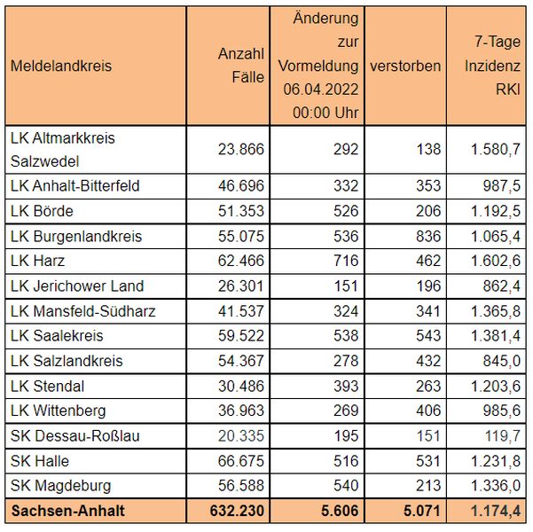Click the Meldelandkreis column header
coord(61,66)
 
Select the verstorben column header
coord(405,66)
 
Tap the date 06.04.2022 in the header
coord(321,89)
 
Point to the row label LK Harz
coord(37,261)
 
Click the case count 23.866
coord(241,149)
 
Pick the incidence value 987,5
coord(502,185)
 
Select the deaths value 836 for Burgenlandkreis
coord(428,236)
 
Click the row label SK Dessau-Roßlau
coord(75,436)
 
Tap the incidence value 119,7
coord(503,436)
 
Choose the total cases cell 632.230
coord(237,511)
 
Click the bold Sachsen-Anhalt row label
coord(68,511)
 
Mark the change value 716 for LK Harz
coord(346,261)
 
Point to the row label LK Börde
coord(42,211)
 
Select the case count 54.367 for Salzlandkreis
coord(241,361)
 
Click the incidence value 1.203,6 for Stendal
coord(496,387)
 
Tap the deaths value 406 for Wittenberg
coord(428,411)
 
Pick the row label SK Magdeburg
coord(61,485)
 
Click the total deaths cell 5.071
coord(422,511)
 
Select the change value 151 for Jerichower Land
coord(346,286)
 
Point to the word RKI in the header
coord(508,89)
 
